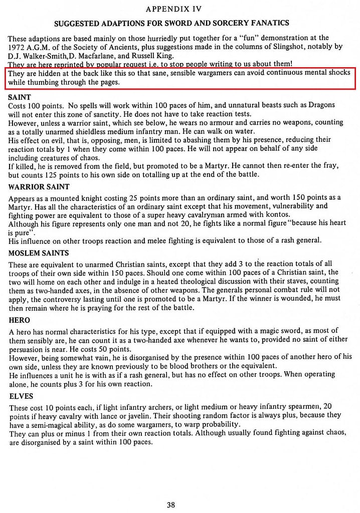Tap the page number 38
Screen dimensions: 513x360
coord(171,504)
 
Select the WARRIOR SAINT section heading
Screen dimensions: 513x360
coord(39,187)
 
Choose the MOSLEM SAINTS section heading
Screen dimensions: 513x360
coord(39,253)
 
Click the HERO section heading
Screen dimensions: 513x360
coord(20,320)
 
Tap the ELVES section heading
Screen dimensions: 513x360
coord(21,396)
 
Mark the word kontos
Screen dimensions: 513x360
coord(276,214)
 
